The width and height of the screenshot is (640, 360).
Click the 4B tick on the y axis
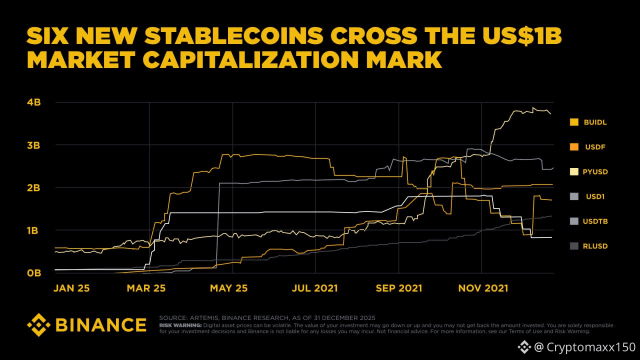click(33, 102)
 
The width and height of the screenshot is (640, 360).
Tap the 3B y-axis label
click(33, 145)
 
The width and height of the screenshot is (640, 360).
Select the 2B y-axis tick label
click(33, 187)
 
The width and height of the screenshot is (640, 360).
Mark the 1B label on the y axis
click(33, 230)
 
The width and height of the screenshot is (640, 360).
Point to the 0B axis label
click(33, 273)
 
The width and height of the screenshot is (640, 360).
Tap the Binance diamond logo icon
click(39, 325)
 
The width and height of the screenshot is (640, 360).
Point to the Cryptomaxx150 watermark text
click(584, 347)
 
